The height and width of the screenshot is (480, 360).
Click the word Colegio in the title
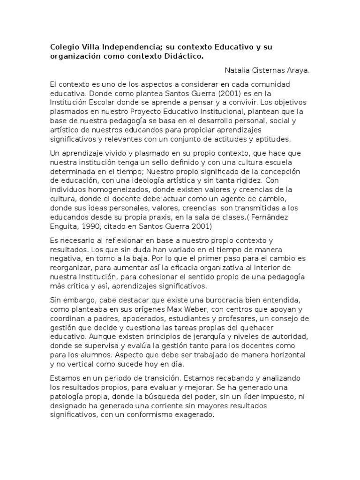coord(64,47)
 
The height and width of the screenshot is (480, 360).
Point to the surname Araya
coord(295,70)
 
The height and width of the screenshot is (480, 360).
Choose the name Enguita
coord(64,226)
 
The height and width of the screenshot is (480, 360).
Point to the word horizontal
coord(286,354)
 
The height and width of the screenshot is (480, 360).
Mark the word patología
coord(68,396)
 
